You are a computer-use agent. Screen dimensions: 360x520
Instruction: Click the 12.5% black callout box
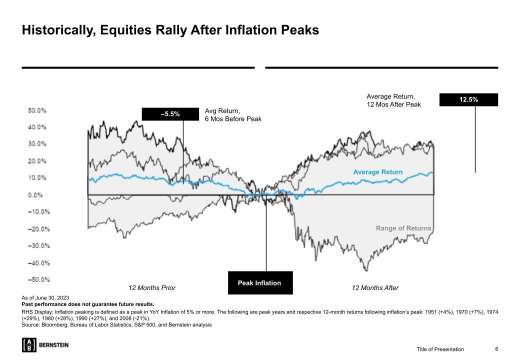click(x=468, y=99)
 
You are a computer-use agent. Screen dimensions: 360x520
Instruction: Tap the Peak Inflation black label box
click(x=260, y=283)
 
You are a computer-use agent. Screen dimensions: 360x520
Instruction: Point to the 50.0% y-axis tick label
click(x=37, y=109)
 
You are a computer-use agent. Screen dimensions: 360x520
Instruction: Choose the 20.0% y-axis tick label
click(x=37, y=161)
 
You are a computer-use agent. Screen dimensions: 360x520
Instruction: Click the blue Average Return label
click(x=377, y=172)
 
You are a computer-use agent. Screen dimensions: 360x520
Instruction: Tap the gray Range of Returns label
click(x=403, y=228)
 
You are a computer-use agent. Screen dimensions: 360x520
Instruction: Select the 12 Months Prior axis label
click(x=152, y=288)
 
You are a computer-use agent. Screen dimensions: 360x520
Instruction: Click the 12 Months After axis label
click(x=375, y=288)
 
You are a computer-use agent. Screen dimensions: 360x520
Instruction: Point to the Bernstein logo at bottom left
click(x=45, y=345)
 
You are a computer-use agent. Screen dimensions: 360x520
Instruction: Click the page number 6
click(x=496, y=349)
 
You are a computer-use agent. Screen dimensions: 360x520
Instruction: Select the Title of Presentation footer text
click(x=440, y=349)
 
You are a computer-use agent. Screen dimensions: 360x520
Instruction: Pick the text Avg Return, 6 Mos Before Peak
click(x=233, y=115)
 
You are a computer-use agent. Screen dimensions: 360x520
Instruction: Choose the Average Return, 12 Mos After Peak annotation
click(x=393, y=100)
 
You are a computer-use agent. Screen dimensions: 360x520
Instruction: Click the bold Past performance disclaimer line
click(x=88, y=304)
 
